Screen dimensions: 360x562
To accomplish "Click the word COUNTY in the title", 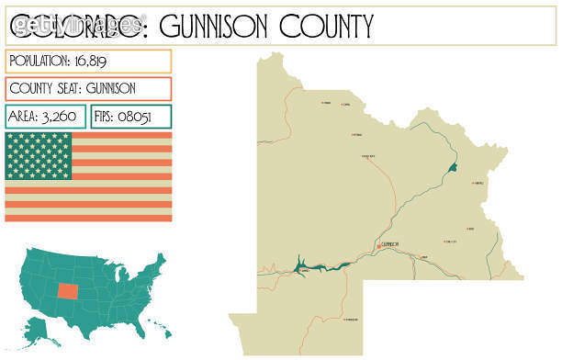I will coord(325,26).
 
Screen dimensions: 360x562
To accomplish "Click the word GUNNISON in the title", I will coord(213,26).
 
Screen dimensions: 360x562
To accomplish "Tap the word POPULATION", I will coord(40,61).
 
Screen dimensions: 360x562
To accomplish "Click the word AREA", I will coord(22,117).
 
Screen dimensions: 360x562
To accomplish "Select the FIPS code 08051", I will coord(146,117).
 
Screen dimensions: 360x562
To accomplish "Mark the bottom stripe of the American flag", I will coord(88,217).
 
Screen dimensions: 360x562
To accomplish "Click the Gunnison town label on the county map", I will coord(388,244).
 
